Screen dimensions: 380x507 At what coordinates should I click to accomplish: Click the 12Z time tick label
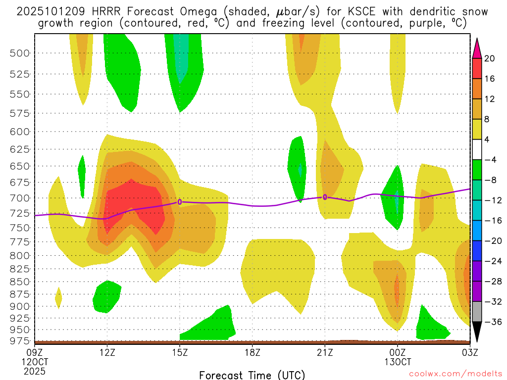(x=107, y=352)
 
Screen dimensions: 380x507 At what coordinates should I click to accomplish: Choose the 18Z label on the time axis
(x=253, y=352)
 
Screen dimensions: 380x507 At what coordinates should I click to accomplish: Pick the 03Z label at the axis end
(x=469, y=352)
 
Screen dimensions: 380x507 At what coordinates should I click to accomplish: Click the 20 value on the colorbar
(x=490, y=58)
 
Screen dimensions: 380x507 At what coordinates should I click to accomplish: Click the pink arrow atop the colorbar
(x=477, y=47)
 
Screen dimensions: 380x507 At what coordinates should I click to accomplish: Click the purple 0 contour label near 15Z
(x=180, y=202)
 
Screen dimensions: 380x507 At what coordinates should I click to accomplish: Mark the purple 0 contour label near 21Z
(x=325, y=197)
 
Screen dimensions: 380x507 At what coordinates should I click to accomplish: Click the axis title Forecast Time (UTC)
(x=252, y=375)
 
